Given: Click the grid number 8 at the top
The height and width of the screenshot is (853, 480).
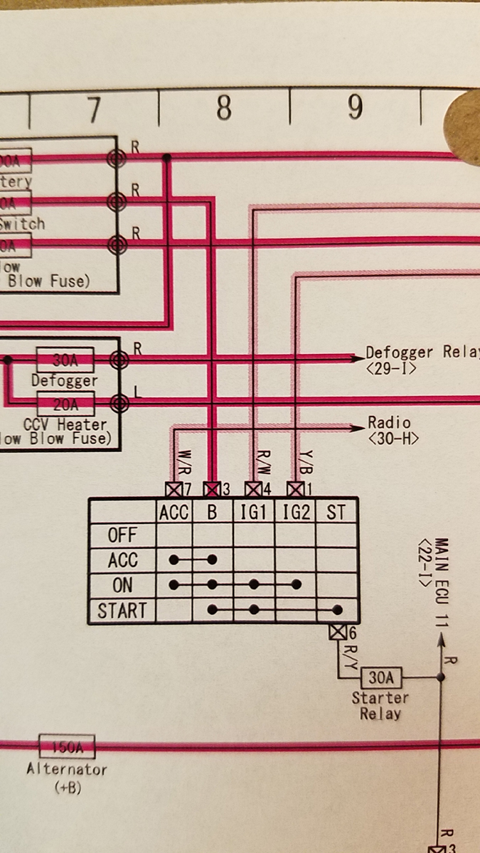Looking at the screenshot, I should pyautogui.click(x=223, y=109).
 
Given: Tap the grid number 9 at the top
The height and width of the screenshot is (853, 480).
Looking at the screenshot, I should pyautogui.click(x=355, y=107).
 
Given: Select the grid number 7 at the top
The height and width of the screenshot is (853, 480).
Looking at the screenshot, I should pyautogui.click(x=93, y=110).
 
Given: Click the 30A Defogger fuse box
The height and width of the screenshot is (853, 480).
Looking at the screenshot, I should pyautogui.click(x=65, y=360).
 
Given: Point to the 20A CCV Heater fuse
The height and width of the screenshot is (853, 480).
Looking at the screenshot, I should pyautogui.click(x=65, y=404).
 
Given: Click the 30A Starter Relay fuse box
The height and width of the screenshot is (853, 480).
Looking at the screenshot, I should pyautogui.click(x=380, y=677).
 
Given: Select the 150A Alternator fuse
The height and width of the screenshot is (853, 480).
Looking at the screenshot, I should pyautogui.click(x=66, y=747).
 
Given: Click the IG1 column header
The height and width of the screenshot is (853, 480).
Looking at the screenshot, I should pyautogui.click(x=254, y=512).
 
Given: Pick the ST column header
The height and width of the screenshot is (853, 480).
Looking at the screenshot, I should pyautogui.click(x=336, y=512).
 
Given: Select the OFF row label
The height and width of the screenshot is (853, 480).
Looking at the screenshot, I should pyautogui.click(x=122, y=535).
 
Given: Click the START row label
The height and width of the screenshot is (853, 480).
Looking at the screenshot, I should pyautogui.click(x=122, y=611).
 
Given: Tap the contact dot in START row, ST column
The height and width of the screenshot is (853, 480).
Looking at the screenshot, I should pyautogui.click(x=337, y=610).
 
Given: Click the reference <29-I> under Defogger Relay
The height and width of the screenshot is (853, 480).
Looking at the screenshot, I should pyautogui.click(x=390, y=370).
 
